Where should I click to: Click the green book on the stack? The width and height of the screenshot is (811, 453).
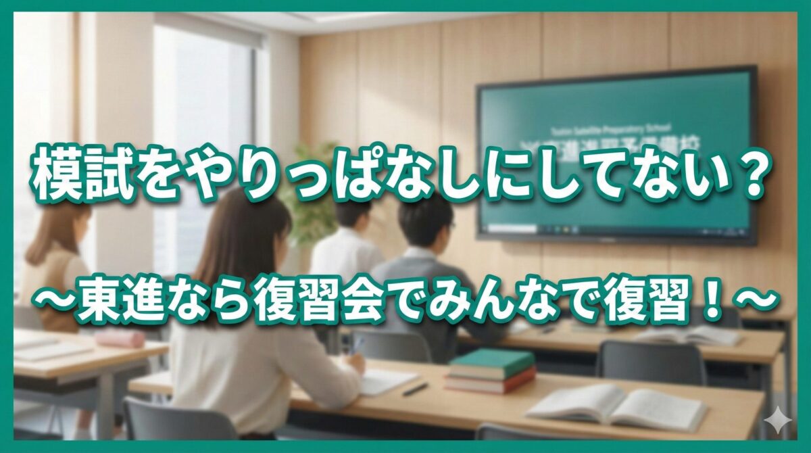point(491,363)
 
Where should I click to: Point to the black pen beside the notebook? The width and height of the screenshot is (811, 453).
point(415,389)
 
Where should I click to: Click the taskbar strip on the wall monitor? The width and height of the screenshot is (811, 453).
point(615,230)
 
